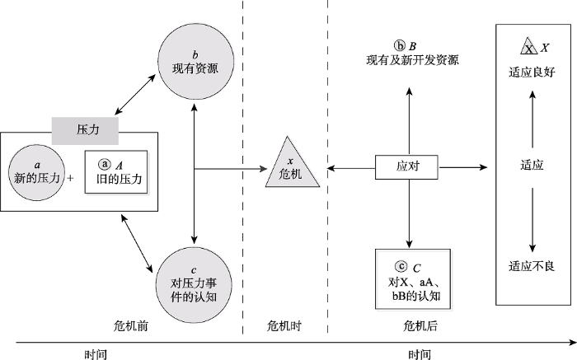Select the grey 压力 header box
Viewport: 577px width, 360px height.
87,129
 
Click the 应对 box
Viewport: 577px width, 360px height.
408,166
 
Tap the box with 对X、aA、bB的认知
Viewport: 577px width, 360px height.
411,277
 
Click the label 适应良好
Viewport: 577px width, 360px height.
532,72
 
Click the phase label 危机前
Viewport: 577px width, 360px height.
130,326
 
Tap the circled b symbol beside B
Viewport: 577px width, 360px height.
399,45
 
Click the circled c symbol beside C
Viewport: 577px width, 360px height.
401,266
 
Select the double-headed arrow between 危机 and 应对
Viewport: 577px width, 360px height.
350,166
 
